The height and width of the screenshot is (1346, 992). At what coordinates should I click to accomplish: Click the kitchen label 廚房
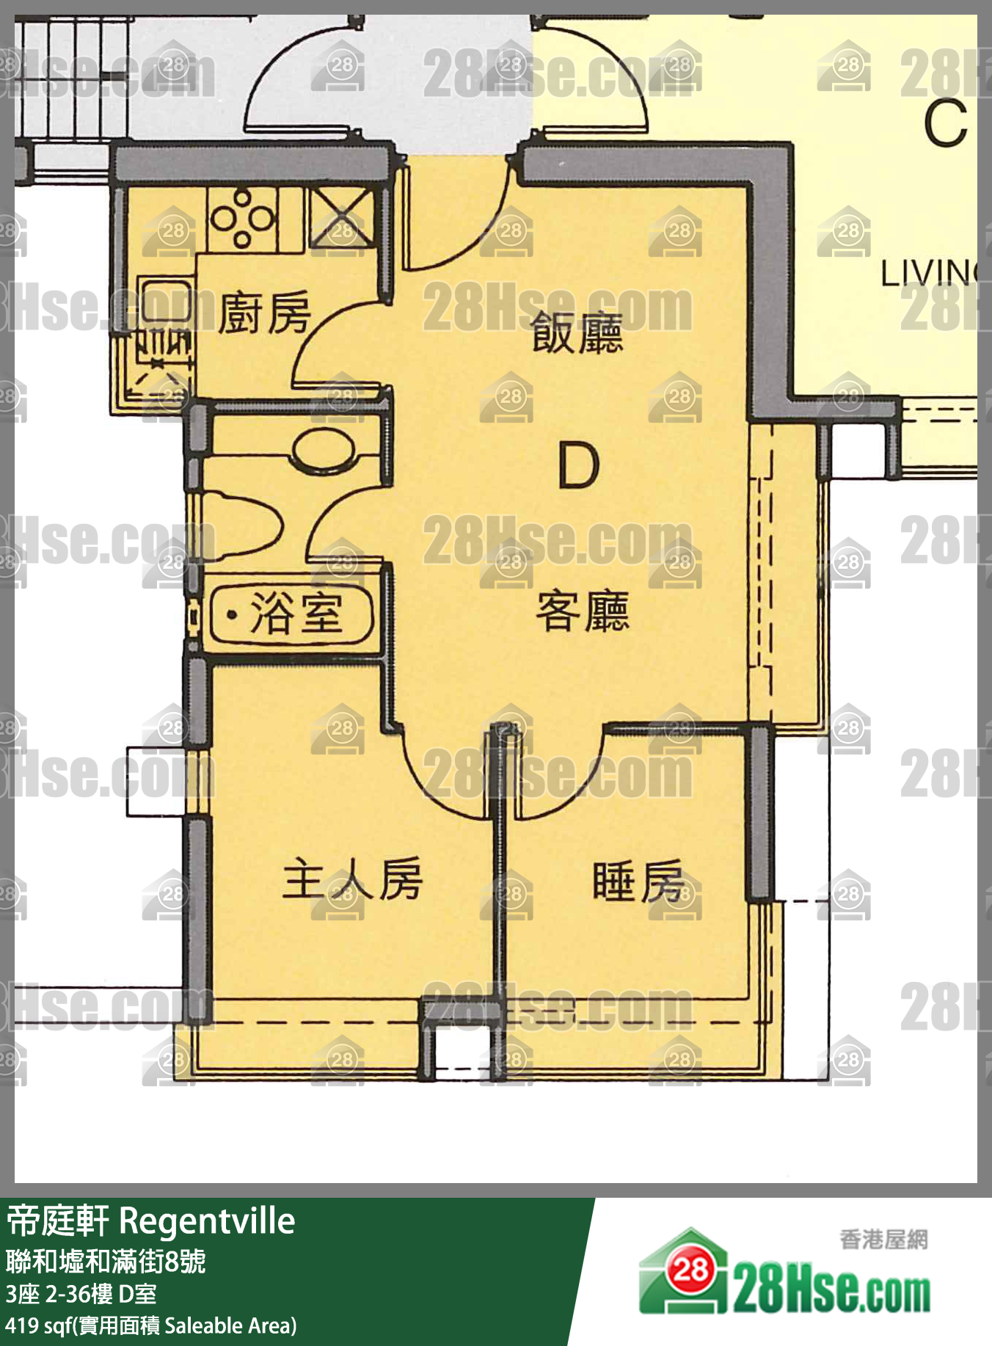tap(264, 313)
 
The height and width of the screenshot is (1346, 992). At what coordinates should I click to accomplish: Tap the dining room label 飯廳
tap(577, 332)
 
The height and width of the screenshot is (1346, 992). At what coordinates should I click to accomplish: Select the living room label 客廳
tap(583, 611)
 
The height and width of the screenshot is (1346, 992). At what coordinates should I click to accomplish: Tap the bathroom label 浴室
tap(296, 613)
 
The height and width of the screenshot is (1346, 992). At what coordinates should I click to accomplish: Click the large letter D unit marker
tap(578, 466)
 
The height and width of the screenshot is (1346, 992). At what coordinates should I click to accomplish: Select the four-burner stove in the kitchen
tap(242, 218)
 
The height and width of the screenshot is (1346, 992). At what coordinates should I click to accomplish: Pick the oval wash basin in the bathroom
tap(323, 449)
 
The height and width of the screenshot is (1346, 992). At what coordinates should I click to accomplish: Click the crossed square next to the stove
tap(342, 218)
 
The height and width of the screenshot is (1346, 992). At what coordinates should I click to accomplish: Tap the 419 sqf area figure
tap(37, 1325)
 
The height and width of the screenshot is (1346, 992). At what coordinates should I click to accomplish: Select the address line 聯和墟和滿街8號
tap(106, 1262)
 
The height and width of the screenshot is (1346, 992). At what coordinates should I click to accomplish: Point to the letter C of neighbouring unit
tap(945, 123)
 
